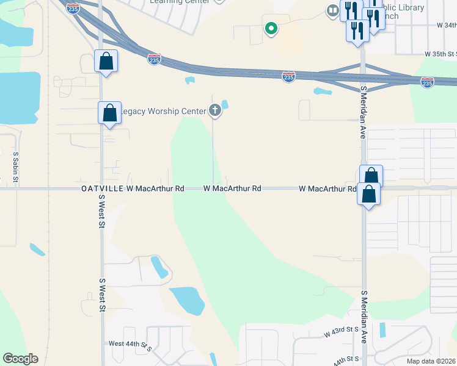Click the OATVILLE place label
[103, 189]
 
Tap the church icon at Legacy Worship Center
[214, 110]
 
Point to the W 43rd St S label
[341, 332]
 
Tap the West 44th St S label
[130, 345]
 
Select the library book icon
[333, 10]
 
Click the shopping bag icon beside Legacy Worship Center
[110, 113]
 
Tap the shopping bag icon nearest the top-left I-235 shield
[106, 61]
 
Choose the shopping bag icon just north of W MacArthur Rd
[371, 176]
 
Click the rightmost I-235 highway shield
[427, 81]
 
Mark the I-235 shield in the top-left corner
[73, 9]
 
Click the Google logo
[20, 359]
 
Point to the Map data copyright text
[431, 361]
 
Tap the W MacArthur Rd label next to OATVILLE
[155, 189]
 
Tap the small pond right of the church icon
[225, 104]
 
